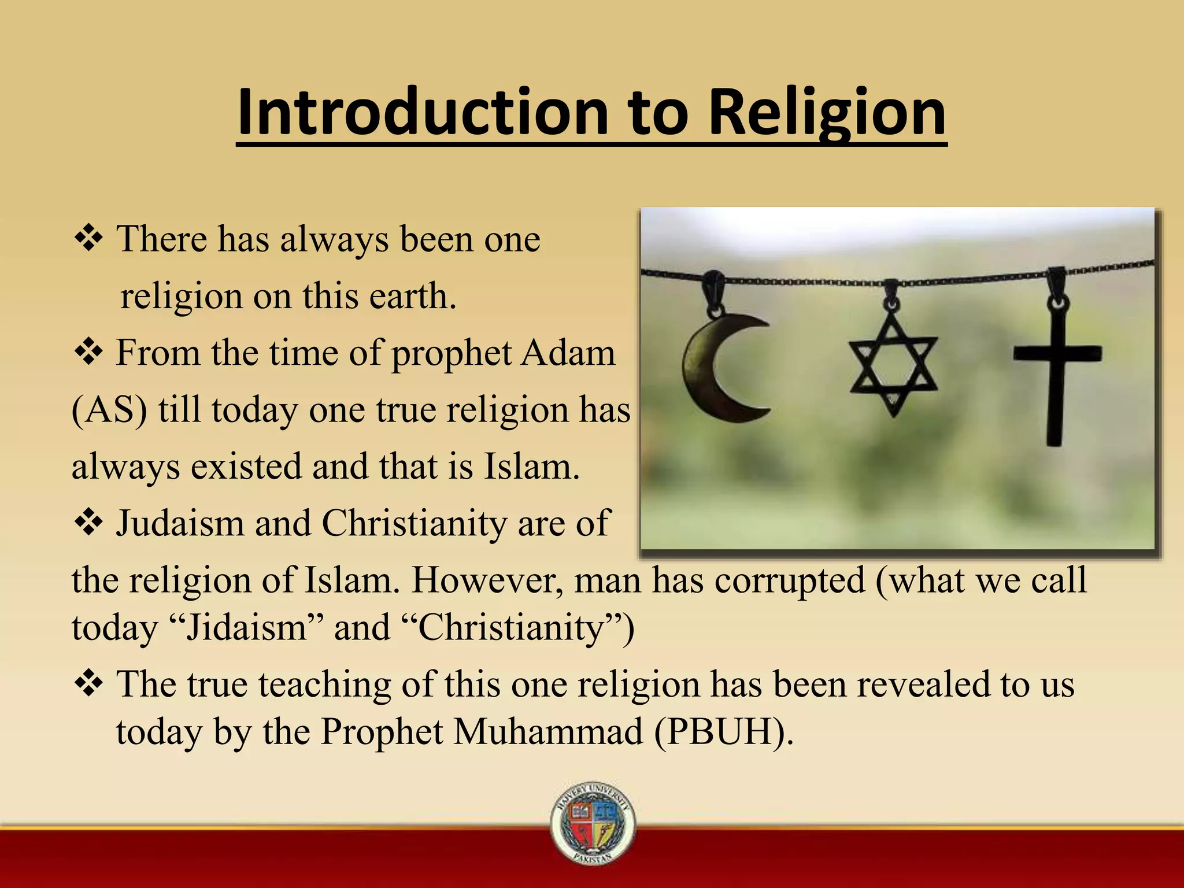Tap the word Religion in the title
(827, 113)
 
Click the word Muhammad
(548, 731)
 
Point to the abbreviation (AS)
(109, 410)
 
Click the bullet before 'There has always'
(88, 239)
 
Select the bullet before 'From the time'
(88, 353)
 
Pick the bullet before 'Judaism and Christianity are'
(88, 523)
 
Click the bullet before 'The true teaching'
(88, 684)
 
